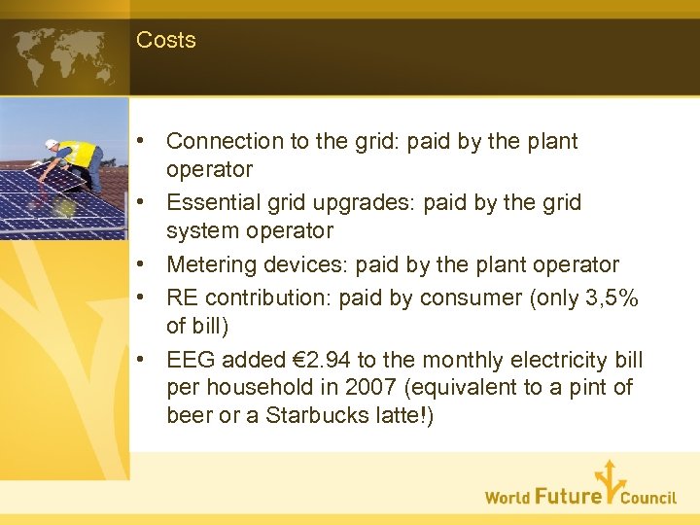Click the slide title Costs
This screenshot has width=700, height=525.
[x=166, y=40]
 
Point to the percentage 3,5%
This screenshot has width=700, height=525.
[x=610, y=297]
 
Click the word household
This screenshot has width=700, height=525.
[x=255, y=387]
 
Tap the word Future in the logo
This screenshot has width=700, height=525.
[x=568, y=496]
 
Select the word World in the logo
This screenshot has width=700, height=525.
[x=507, y=498]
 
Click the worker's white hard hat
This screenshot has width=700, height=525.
[x=51, y=145]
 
